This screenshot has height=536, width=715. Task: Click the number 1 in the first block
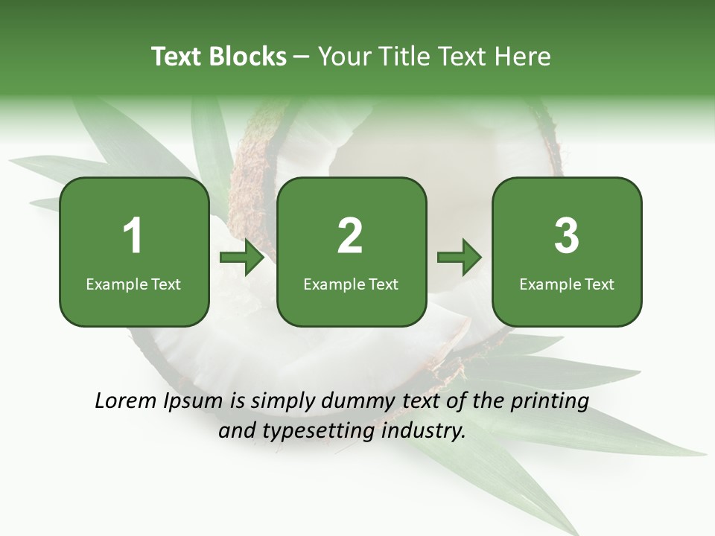[x=133, y=236]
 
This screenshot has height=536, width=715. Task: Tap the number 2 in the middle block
[x=350, y=236]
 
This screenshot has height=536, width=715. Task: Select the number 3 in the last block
[x=567, y=236]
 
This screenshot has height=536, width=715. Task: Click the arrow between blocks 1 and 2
[x=243, y=258]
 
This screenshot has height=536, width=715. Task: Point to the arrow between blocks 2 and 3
[x=460, y=258]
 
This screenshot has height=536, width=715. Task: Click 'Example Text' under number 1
[x=133, y=284]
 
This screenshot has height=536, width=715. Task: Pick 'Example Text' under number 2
[x=351, y=284]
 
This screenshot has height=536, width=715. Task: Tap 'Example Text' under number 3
[x=567, y=284]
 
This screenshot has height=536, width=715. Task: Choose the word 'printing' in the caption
[x=550, y=402]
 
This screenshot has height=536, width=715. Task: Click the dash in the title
[x=302, y=57]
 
